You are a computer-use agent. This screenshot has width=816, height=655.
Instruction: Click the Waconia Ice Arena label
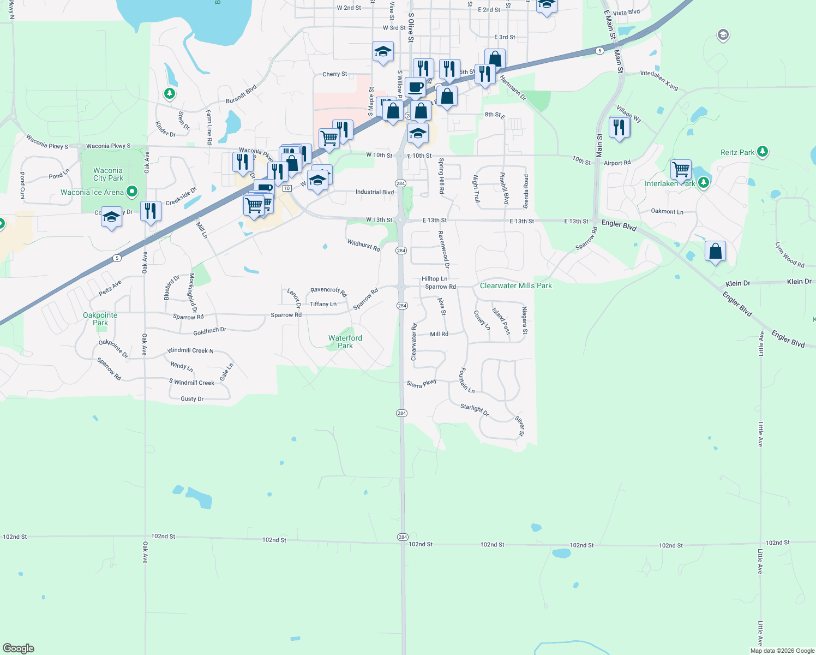coord(92,192)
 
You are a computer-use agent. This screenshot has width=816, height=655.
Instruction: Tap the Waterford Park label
coord(345,342)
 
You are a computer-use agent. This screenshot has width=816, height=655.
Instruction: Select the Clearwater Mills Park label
coord(515,285)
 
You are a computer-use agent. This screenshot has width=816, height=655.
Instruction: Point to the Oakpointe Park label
coord(100,319)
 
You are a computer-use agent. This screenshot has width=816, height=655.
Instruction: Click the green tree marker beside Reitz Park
coord(763,151)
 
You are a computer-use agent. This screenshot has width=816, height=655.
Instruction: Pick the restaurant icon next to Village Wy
coord(619,128)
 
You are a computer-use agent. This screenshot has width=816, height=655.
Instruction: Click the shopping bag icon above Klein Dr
coord(715,251)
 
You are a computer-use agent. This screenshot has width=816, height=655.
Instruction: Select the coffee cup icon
coord(415,87)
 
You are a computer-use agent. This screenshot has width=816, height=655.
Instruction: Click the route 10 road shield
coord(287,188)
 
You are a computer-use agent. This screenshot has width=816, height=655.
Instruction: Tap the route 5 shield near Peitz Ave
coord(117,258)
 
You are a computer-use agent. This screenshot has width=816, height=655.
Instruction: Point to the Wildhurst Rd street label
coord(363,245)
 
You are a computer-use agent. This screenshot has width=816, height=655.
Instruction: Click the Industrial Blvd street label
coord(374,192)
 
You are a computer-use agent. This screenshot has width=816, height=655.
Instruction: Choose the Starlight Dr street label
coord(474,410)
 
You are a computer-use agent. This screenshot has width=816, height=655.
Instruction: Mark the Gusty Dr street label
coord(192,399)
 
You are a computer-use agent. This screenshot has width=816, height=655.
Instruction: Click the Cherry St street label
coord(334,74)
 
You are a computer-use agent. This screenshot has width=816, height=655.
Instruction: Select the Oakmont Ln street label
coord(667,211)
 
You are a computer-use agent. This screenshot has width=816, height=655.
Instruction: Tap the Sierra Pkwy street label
coord(421,384)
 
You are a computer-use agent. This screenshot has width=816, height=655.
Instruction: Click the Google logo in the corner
coord(19,648)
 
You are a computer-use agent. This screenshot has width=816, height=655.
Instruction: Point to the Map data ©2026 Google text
coord(782,651)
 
